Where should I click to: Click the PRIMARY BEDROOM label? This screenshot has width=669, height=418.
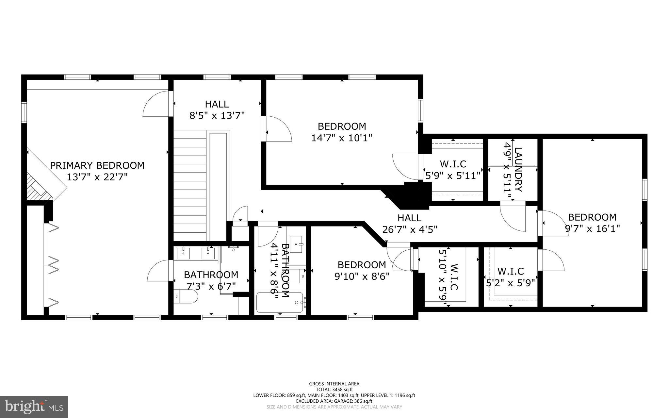[97, 165]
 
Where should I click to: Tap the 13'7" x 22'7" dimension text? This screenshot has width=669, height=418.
[97, 177]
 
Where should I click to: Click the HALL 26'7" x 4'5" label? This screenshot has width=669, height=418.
[409, 218]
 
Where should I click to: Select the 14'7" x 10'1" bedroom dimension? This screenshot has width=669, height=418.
[342, 138]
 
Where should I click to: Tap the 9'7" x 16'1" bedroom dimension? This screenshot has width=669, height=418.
[592, 228]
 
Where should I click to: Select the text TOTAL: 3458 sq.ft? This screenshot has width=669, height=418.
[334, 390]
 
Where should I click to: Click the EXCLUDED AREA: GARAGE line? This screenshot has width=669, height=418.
[334, 401]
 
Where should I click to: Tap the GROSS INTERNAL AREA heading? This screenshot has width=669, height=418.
[334, 384]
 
